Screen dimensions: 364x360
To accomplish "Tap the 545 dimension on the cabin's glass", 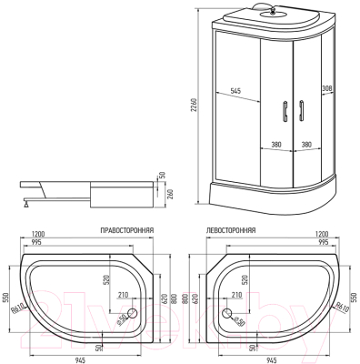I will [x=235, y=90].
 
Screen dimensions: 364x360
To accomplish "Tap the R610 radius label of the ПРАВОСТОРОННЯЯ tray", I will [x=18, y=309].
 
